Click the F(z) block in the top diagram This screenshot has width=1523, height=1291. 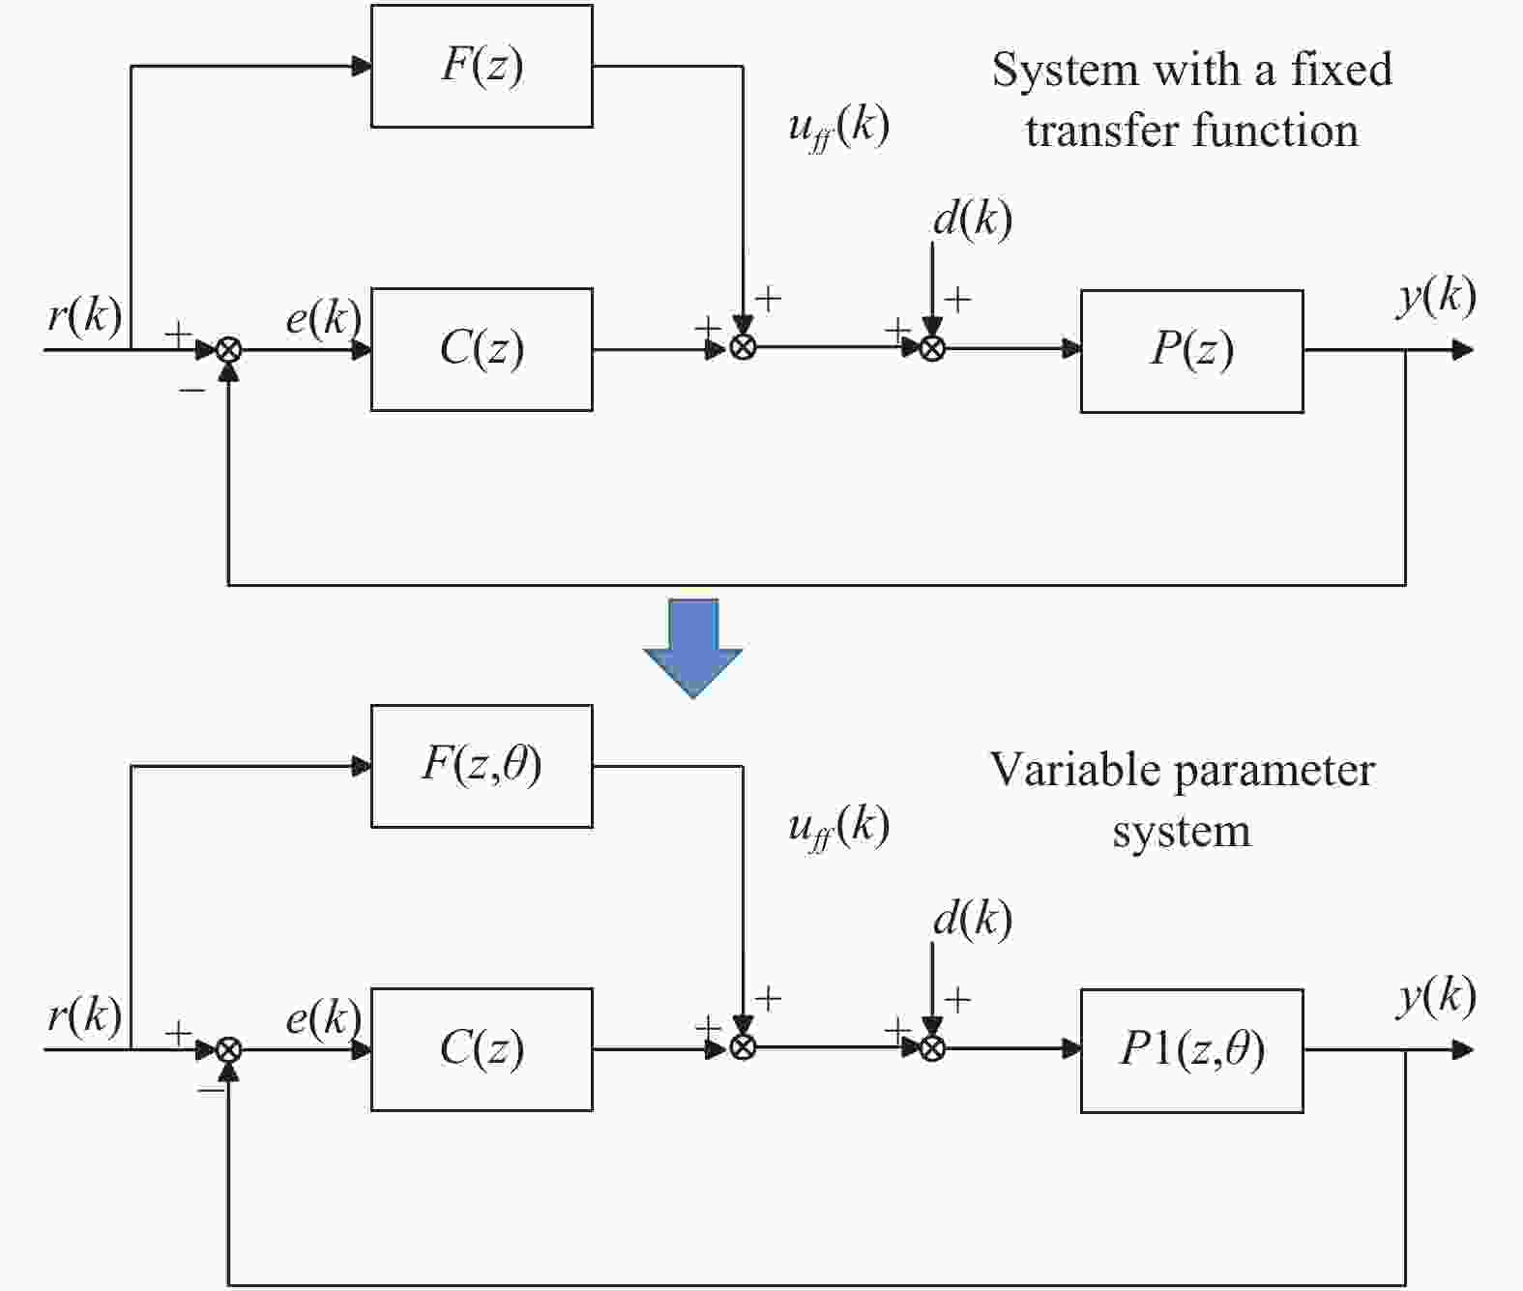click(x=482, y=66)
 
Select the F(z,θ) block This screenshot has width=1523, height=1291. click(x=482, y=766)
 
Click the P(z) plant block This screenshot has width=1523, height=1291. click(x=1191, y=350)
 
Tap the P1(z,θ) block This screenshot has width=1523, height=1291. click(x=1191, y=1050)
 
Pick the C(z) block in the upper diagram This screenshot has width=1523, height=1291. click(x=482, y=349)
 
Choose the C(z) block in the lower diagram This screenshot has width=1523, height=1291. click(x=482, y=1049)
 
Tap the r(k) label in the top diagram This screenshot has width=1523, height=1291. click(x=85, y=314)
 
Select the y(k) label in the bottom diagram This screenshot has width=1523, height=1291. click(x=1437, y=995)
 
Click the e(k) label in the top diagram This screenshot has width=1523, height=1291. click(x=323, y=316)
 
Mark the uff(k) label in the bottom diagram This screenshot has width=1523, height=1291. click(x=838, y=827)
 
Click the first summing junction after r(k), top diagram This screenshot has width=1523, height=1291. click(x=228, y=349)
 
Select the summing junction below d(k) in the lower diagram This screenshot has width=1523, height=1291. click(x=932, y=1048)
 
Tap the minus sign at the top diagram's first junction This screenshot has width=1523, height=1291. click(x=192, y=390)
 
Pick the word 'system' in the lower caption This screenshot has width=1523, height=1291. click(x=1181, y=831)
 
